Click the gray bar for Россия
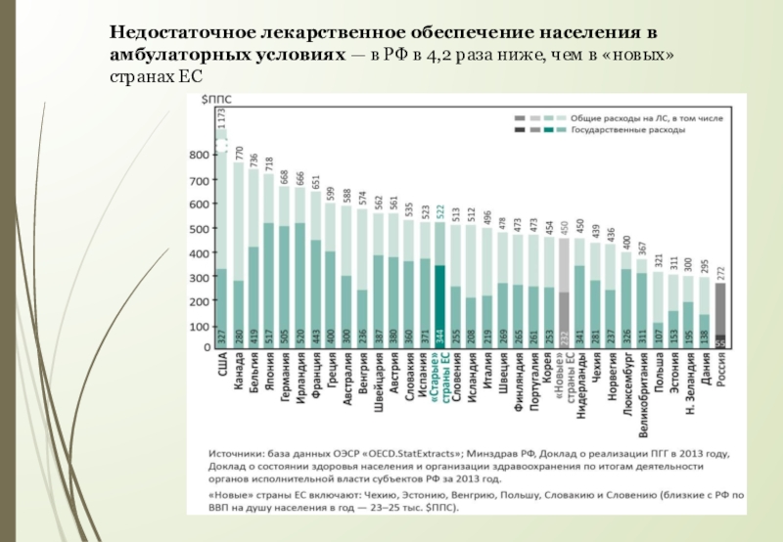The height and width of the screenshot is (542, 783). tap(721, 313)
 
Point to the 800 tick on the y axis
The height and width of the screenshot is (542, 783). tap(198, 155)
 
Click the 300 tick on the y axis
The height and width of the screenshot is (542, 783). tap(198, 277)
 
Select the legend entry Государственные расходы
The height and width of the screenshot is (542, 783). tap(615, 129)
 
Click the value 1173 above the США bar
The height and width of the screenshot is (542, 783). tap(222, 118)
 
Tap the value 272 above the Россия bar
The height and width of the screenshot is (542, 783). tap(721, 271)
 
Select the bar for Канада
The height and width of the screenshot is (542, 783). tap(238, 254)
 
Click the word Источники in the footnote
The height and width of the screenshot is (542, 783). tap(242, 453)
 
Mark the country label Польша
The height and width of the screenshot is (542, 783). tap(658, 376)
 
